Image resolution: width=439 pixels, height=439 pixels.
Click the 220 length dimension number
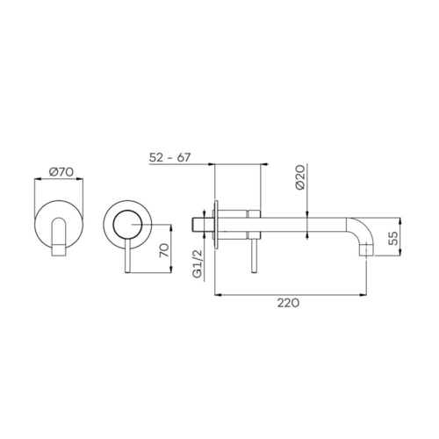(288, 303)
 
